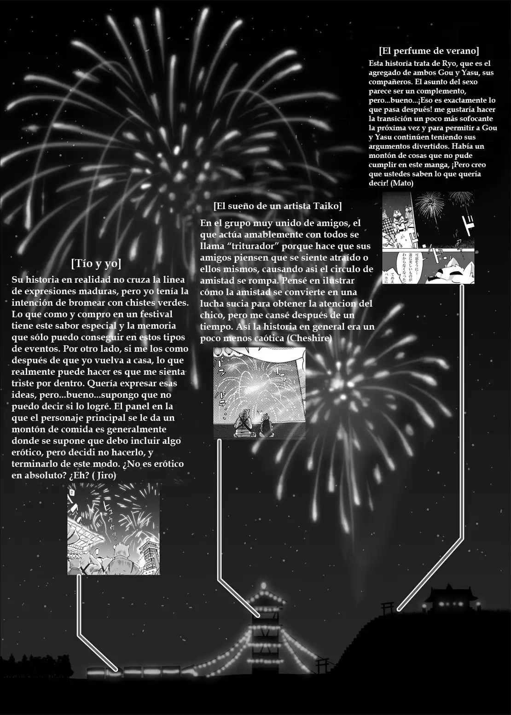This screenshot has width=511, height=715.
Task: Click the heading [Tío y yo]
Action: pos(96,264)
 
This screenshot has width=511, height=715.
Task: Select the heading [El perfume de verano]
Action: pos(429,50)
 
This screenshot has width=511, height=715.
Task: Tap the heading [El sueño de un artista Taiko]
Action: pos(278,205)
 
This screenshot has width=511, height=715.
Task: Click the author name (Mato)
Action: pos(403,183)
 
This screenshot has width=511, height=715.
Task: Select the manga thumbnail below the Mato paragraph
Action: pos(428,238)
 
